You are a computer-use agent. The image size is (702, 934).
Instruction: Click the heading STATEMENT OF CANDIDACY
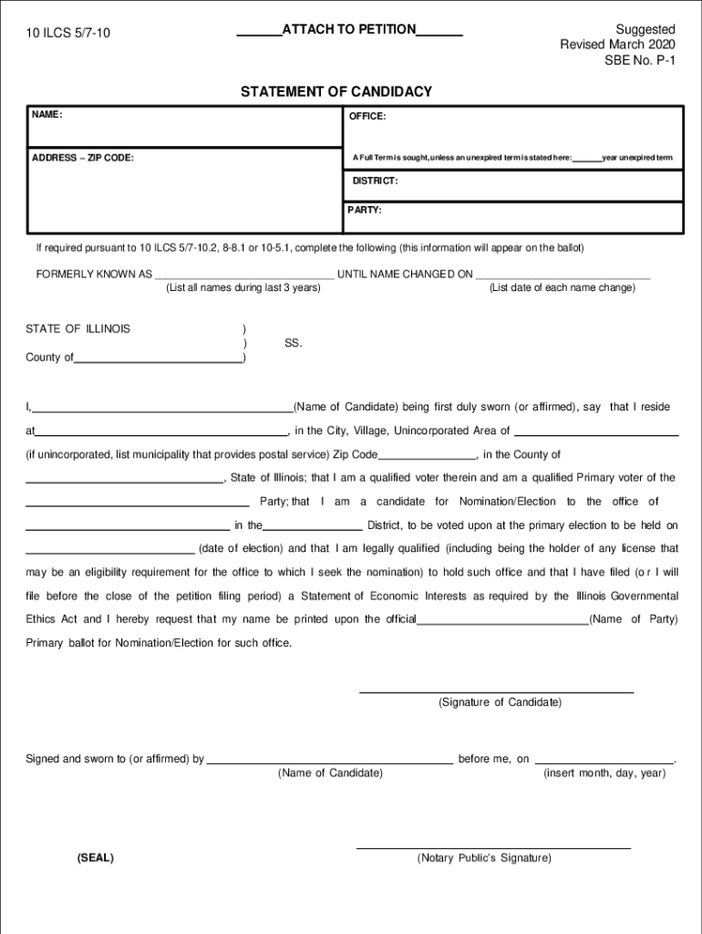(336, 92)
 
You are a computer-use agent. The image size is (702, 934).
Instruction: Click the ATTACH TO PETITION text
(349, 30)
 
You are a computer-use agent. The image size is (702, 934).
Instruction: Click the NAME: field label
(46, 115)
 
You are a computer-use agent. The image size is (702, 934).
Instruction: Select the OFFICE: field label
(366, 117)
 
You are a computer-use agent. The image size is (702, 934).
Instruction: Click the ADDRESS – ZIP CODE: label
(83, 158)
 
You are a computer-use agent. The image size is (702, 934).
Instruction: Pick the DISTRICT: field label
(375, 181)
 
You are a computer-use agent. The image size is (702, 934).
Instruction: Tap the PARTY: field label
(365, 210)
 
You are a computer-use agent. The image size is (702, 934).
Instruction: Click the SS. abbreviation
(293, 343)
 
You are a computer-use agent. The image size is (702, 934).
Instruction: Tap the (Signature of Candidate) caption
(500, 702)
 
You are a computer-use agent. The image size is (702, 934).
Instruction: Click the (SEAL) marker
(96, 858)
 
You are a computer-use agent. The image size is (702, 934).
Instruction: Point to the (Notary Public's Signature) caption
(484, 858)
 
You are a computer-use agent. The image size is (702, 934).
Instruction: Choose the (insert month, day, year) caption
(604, 773)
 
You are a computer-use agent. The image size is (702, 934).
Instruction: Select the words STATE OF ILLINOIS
(77, 328)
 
